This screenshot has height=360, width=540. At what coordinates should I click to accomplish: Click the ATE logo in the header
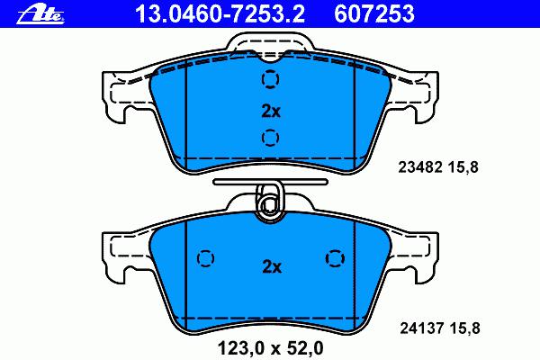[x=40, y=14]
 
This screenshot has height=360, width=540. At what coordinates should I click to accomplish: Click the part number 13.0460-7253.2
[x=220, y=13]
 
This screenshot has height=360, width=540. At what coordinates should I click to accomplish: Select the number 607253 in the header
[x=374, y=13]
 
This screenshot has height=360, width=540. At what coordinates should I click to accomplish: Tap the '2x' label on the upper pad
[x=271, y=112]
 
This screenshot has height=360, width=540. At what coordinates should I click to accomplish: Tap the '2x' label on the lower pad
[x=272, y=266]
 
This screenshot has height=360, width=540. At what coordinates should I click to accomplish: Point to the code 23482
[x=420, y=167]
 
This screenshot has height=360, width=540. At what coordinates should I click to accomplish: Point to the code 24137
[x=421, y=328]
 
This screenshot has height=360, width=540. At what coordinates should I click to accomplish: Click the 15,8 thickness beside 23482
[x=463, y=167]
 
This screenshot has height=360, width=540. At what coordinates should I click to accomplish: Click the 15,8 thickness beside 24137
[x=464, y=328]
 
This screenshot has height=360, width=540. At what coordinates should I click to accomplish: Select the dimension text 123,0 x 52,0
[x=271, y=348]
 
